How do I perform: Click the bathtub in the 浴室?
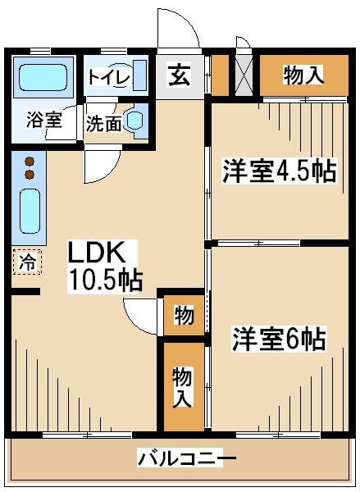(43, 78)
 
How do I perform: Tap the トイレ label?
(109, 77)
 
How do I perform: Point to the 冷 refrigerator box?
(28, 262)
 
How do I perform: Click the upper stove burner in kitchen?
(30, 162)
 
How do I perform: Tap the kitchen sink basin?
(30, 212)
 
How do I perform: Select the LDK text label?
(97, 253)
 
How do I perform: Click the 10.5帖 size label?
(106, 280)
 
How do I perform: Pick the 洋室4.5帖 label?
(280, 171)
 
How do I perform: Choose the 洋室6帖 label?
(279, 339)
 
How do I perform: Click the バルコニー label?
(186, 458)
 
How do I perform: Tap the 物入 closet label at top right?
(303, 75)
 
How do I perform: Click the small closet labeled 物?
(184, 315)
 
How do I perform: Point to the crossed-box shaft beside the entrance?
(244, 75)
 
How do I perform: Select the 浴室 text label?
(44, 120)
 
